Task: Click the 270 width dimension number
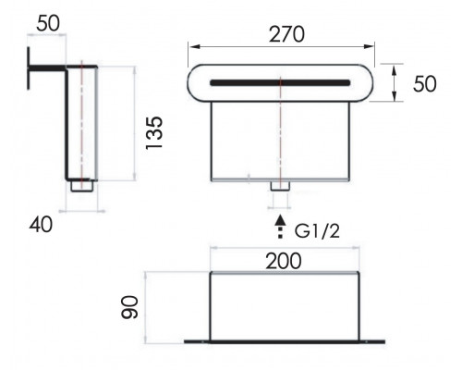coord(286,34)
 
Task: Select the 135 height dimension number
coord(154,133)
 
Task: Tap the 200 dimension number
coord(284,261)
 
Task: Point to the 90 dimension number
coord(129,307)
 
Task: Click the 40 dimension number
coord(41,225)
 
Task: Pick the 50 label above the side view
coord(48,23)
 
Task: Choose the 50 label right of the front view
coord(425,84)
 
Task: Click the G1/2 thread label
coord(317,230)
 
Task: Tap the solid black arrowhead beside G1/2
coord(280,219)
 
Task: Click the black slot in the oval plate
coord(280,82)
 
